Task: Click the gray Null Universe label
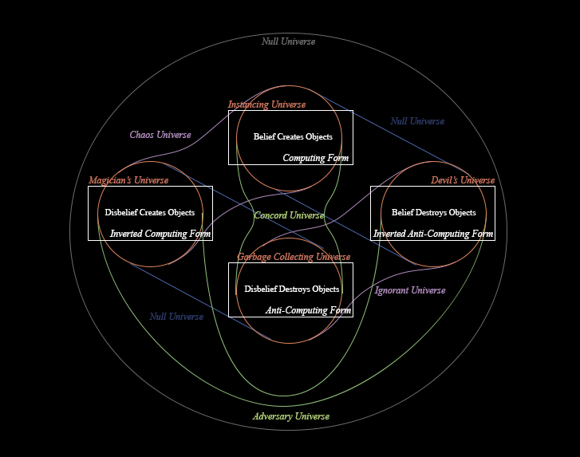(x=288, y=41)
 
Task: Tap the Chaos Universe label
(x=160, y=135)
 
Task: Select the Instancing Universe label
(x=266, y=104)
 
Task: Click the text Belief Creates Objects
(x=293, y=136)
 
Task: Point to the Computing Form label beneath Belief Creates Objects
(x=316, y=158)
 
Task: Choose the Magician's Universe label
(x=128, y=180)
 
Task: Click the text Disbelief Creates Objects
(x=150, y=212)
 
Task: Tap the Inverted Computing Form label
(x=160, y=234)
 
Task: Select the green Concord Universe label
(x=289, y=215)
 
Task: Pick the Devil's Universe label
(x=463, y=180)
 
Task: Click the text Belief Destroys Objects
(x=433, y=212)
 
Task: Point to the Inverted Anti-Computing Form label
(x=433, y=234)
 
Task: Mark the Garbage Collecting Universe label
(x=294, y=257)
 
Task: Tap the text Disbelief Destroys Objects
(x=292, y=289)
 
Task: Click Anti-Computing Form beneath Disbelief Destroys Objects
(x=308, y=310)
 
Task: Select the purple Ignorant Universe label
(x=410, y=290)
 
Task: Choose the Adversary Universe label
(x=290, y=416)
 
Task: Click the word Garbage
(x=254, y=257)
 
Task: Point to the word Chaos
(x=141, y=135)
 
